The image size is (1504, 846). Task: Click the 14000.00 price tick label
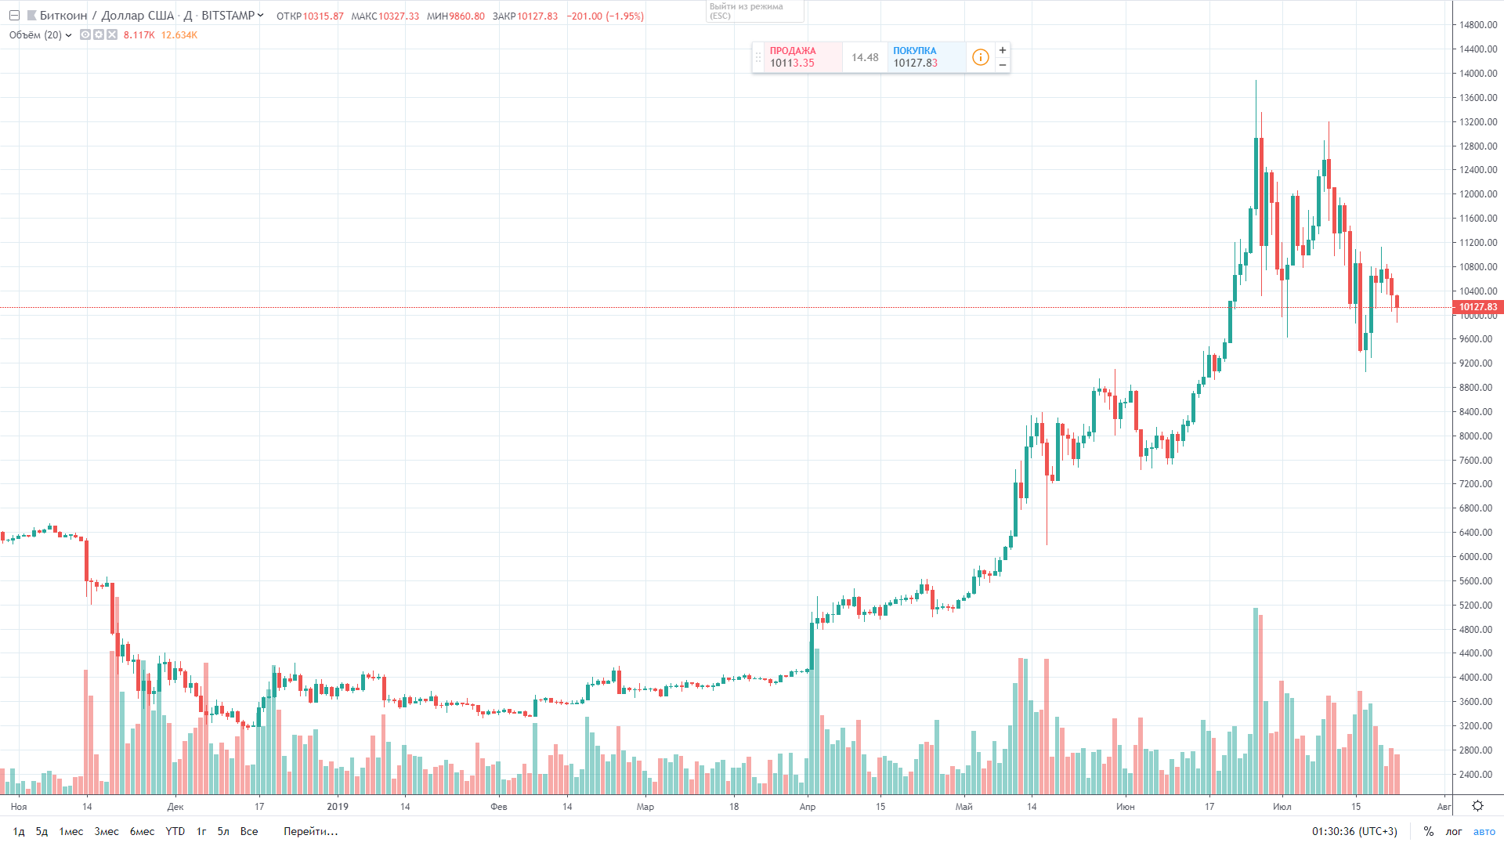click(1477, 74)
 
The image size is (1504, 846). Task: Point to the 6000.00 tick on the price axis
click(1477, 557)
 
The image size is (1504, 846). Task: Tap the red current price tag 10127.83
click(1477, 307)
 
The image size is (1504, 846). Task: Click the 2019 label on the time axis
click(338, 807)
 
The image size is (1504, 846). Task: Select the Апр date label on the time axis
click(808, 807)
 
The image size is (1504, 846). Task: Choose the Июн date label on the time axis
click(1125, 807)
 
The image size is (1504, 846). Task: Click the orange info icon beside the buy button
click(980, 57)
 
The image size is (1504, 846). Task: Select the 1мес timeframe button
click(71, 831)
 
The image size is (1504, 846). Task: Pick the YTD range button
click(175, 831)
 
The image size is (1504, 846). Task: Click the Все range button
click(249, 831)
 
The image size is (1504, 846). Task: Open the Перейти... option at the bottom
click(310, 831)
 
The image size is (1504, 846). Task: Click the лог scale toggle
click(1454, 831)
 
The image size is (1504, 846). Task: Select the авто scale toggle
click(1484, 831)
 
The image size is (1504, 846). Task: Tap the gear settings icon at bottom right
click(1477, 806)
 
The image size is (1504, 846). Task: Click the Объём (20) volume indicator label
click(36, 35)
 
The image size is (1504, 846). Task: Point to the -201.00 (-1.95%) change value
click(605, 16)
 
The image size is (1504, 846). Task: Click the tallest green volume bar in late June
click(1256, 701)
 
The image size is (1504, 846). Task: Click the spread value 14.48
click(865, 57)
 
